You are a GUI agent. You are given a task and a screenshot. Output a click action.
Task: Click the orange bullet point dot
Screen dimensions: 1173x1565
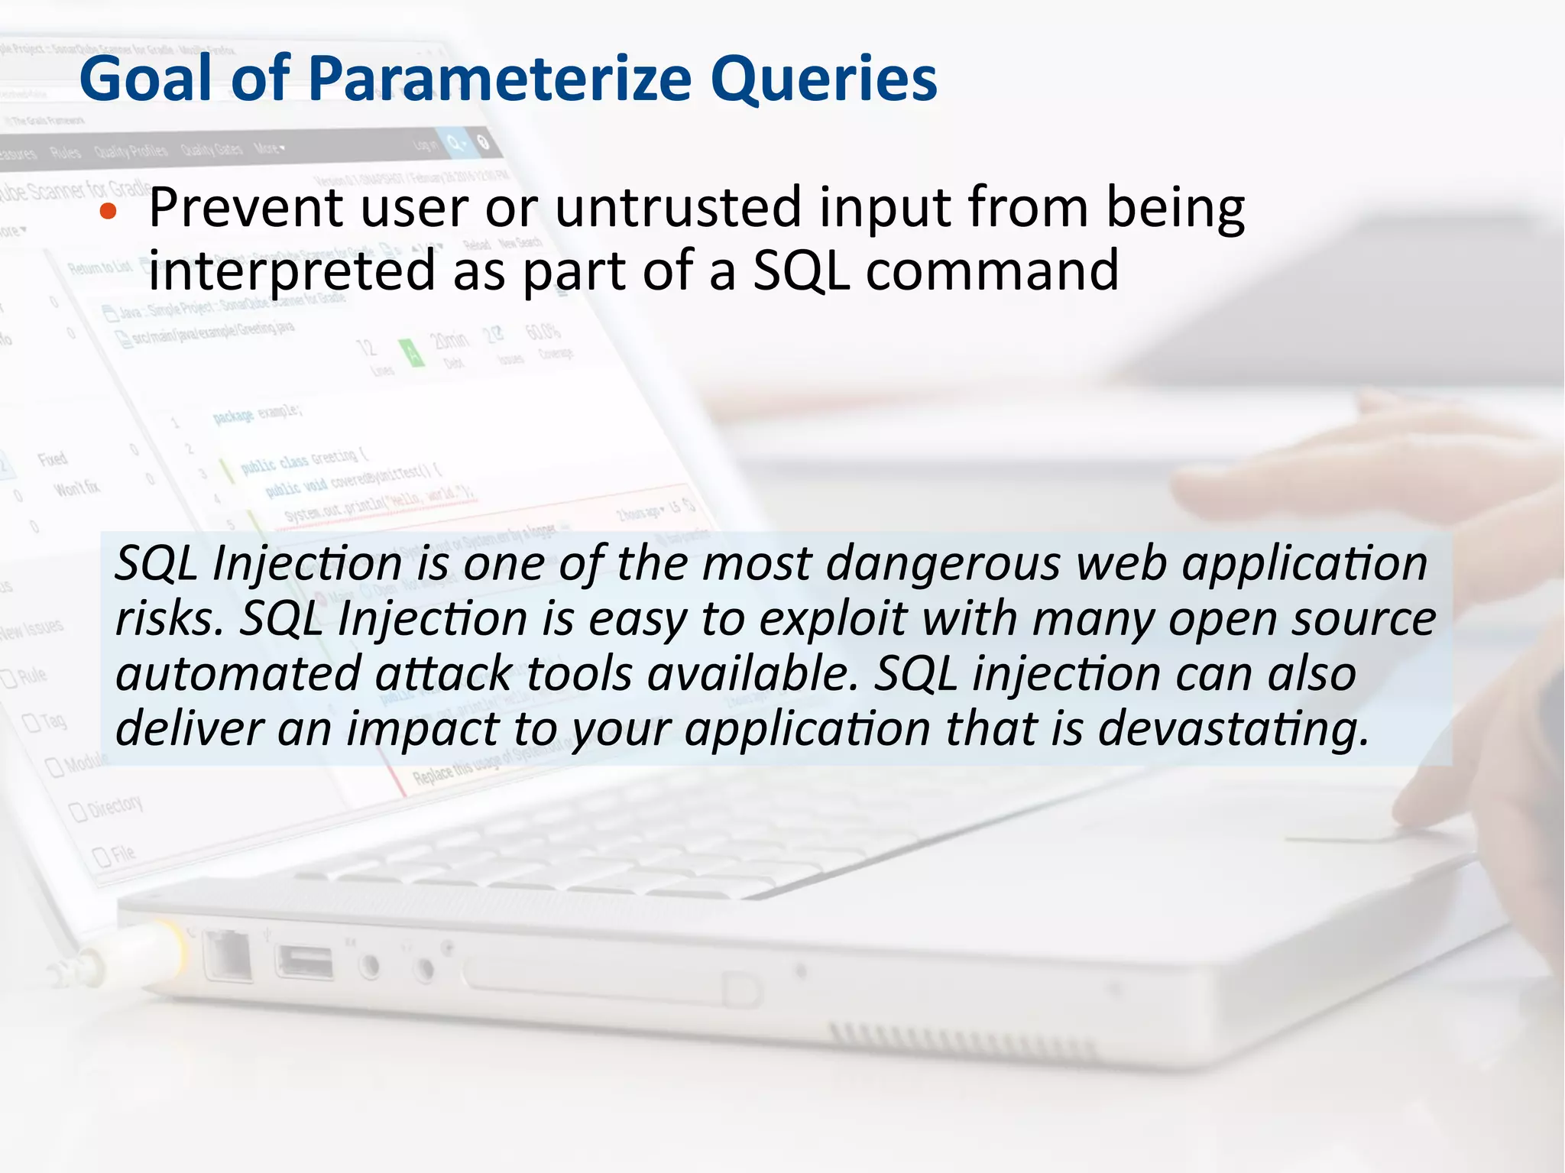coord(109,212)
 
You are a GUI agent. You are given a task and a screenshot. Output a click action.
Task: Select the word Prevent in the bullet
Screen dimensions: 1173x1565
coord(245,208)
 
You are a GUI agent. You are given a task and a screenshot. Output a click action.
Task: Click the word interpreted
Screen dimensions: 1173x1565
coord(291,271)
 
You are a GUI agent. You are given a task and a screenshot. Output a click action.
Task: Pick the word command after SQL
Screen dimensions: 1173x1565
coord(991,271)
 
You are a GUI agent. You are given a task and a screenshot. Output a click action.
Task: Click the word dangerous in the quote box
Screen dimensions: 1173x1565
coord(943,564)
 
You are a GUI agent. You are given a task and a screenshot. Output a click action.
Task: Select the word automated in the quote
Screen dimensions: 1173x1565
coord(238,674)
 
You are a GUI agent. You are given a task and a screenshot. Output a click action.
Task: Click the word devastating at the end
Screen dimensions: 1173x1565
coord(1232,729)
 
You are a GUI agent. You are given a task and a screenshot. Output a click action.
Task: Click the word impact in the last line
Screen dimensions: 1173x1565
coord(423,729)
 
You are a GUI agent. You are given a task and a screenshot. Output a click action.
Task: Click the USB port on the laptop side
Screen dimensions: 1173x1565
coord(305,962)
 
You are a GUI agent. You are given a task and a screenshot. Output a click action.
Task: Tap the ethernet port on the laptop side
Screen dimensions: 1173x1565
coord(228,955)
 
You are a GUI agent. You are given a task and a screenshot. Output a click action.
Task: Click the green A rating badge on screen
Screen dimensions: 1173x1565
coord(412,353)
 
